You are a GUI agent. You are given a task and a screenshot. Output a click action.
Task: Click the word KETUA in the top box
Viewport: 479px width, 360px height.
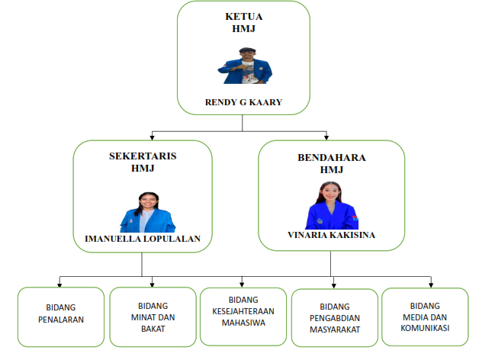(x=244, y=17)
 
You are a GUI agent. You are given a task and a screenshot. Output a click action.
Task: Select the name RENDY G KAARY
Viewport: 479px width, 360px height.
(x=243, y=102)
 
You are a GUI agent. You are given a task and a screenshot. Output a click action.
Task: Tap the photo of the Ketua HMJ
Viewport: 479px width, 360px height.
(x=245, y=66)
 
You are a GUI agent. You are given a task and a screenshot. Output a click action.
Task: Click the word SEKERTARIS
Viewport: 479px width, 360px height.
(x=143, y=156)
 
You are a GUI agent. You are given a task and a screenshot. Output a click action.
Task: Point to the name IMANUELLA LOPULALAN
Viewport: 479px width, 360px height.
(x=143, y=239)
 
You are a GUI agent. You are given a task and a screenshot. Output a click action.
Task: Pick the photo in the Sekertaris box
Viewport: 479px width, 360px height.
(x=148, y=212)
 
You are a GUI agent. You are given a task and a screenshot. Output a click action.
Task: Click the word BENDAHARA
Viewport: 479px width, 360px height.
(x=332, y=158)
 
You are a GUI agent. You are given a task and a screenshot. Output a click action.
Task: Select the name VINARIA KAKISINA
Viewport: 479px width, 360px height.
(x=332, y=235)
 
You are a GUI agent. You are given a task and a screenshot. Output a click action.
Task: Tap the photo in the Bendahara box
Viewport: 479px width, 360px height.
(x=332, y=205)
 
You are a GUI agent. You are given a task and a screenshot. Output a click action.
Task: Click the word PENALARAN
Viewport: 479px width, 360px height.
(x=61, y=320)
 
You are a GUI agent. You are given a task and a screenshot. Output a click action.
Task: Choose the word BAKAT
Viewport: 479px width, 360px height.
(x=153, y=329)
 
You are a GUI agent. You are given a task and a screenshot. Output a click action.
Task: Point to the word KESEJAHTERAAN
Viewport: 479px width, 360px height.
(x=243, y=311)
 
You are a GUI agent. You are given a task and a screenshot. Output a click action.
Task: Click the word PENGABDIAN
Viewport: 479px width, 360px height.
(x=335, y=318)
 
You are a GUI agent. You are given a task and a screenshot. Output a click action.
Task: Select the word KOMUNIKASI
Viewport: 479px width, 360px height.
(x=425, y=328)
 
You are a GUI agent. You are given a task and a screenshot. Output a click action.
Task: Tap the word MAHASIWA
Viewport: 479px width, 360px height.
(x=243, y=323)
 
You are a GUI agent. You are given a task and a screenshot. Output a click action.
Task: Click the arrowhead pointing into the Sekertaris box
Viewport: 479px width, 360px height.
(x=152, y=138)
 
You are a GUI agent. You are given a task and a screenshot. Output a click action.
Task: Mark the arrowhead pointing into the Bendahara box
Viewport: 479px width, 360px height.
(x=326, y=138)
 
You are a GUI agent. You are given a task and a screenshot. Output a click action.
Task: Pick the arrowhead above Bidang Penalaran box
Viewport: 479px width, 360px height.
(x=59, y=284)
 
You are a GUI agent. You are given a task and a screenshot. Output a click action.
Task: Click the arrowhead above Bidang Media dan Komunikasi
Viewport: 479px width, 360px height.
(x=431, y=285)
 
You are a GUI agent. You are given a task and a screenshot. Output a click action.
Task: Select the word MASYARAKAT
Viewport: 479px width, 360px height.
(x=335, y=329)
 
